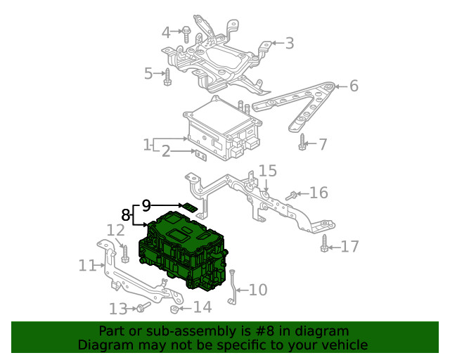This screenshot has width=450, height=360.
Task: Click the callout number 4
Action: [x=166, y=32]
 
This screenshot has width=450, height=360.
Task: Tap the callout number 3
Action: [x=290, y=44]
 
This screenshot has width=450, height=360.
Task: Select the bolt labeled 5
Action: [x=167, y=77]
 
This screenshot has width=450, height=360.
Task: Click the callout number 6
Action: [x=354, y=86]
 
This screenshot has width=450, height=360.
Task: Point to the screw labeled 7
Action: [x=302, y=142]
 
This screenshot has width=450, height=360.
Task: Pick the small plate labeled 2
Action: [x=201, y=155]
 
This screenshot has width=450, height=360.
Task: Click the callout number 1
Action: [x=147, y=145]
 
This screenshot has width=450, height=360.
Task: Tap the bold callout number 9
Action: [x=146, y=205]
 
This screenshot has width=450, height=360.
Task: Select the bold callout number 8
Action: [x=126, y=214]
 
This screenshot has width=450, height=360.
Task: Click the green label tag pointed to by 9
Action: [x=189, y=207]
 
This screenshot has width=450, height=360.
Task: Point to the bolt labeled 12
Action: [x=125, y=254]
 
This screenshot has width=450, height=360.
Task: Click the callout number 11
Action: [x=87, y=266]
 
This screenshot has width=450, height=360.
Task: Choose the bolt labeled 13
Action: [x=143, y=307]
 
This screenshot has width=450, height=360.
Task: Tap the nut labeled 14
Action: [x=174, y=309]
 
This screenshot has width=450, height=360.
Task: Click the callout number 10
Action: [x=258, y=290]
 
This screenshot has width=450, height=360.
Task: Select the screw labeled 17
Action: [x=324, y=243]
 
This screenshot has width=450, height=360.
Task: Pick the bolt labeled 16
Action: [x=291, y=195]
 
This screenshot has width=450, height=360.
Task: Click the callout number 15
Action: [x=267, y=171]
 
